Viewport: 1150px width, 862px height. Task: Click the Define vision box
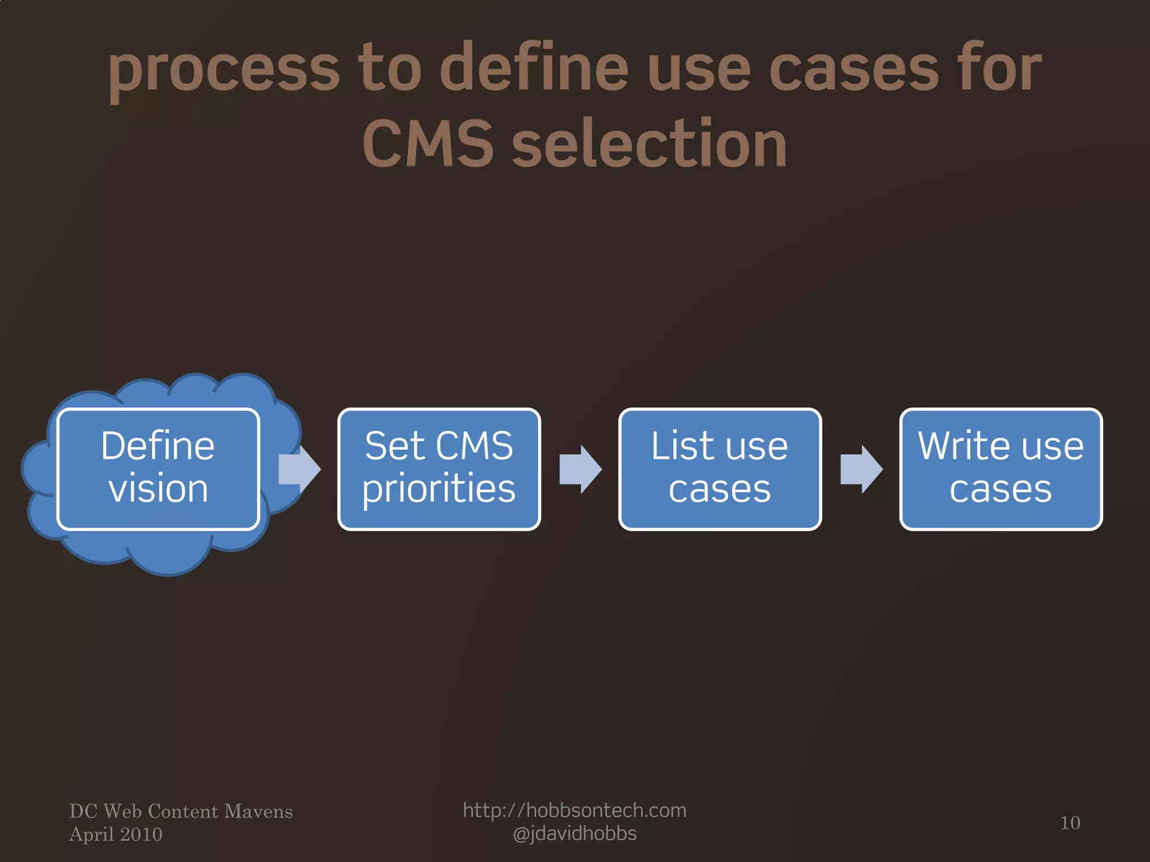pos(158,469)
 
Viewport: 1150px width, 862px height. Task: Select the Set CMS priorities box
pos(439,469)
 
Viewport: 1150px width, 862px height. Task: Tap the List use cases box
pos(719,469)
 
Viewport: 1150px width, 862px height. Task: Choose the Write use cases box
pos(1001,469)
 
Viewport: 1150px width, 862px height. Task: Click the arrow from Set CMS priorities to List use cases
pos(581,469)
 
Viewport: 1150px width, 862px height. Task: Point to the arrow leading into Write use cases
pos(861,469)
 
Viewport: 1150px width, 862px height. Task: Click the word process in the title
pos(223,70)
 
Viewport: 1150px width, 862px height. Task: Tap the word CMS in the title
pos(428,144)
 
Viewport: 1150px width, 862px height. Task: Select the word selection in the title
pos(649,144)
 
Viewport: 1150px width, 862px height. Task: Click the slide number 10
pos(1070,823)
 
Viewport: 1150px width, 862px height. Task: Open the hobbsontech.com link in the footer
pos(574,810)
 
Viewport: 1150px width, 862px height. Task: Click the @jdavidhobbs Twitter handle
pos(574,834)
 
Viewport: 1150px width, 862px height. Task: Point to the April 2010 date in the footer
pos(116,835)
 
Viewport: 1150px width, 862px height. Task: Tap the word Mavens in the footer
pos(258,811)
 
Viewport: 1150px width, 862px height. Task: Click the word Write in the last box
pos(959,446)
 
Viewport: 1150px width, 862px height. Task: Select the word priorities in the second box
pos(439,489)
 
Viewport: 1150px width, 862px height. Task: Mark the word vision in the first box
pos(158,489)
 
